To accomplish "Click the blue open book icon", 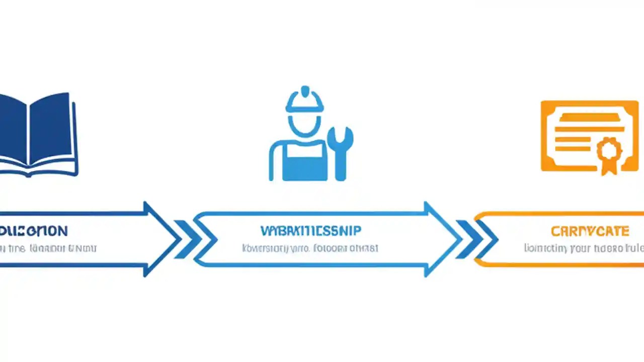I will tap(38, 134).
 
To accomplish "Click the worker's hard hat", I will tap(304, 100).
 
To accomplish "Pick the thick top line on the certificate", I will tap(589, 117).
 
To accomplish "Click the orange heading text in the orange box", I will tap(590, 231).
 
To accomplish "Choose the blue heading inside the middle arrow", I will tap(310, 231).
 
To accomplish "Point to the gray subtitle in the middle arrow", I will tap(310, 248).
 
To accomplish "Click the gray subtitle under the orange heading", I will tap(584, 248).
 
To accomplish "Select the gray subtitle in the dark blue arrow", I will tap(48, 248).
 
